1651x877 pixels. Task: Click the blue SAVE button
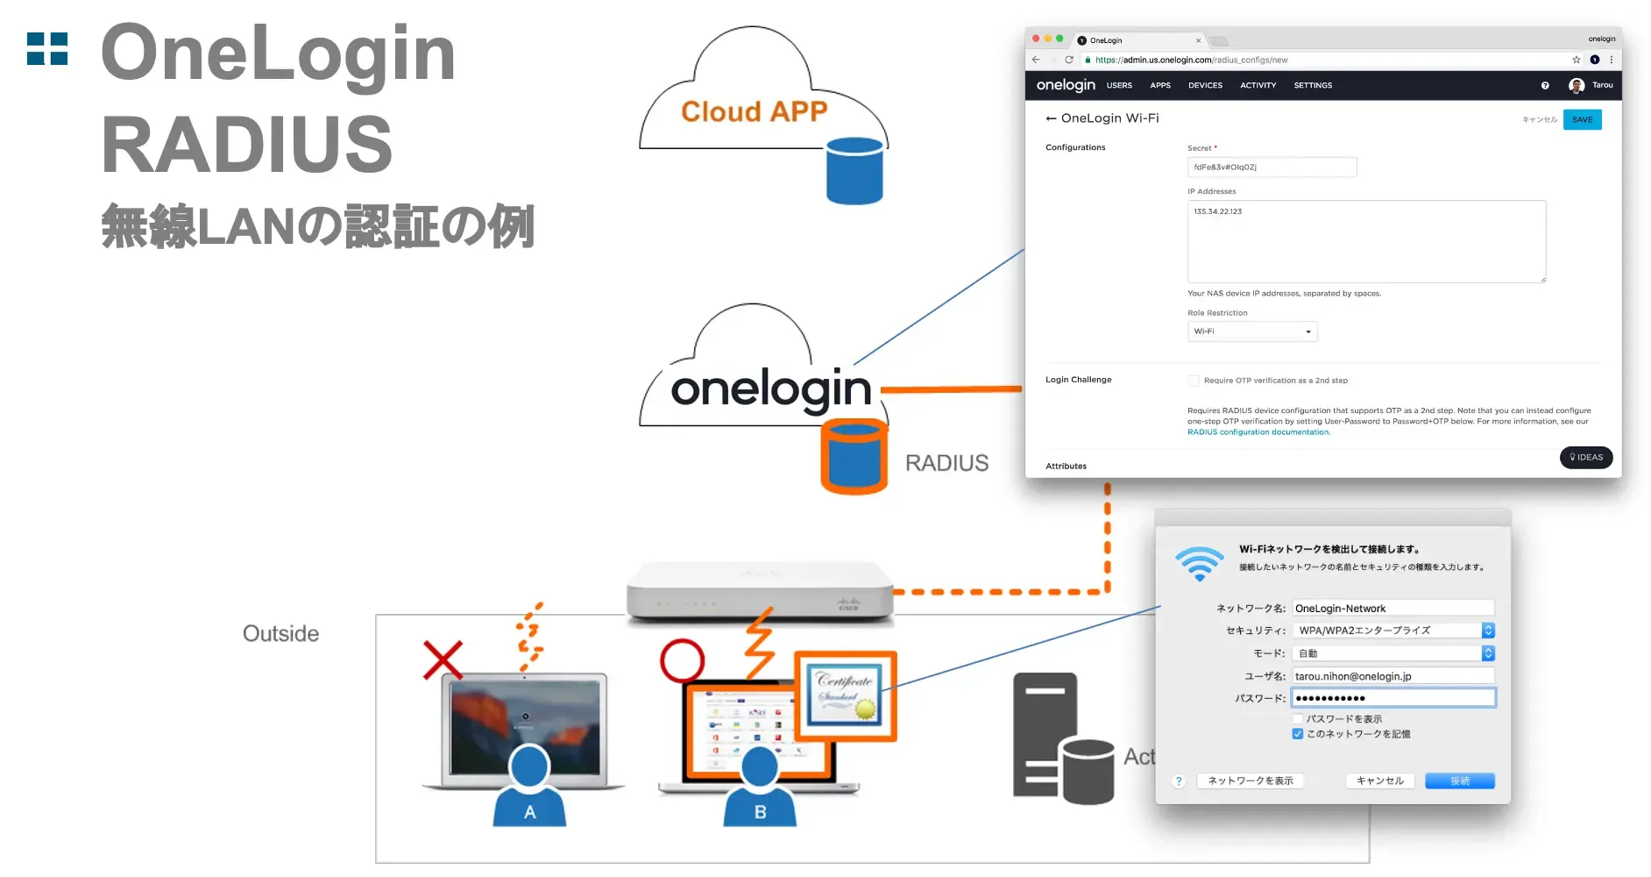coord(1582,120)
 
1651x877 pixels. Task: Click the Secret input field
coord(1271,168)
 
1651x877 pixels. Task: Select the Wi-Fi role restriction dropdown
coord(1251,332)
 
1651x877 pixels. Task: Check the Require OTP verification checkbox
coord(1193,381)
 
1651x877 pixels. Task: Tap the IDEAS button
coord(1585,457)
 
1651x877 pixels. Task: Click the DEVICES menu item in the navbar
coord(1205,86)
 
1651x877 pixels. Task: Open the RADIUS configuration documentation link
coord(1258,432)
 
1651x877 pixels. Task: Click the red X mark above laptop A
coord(443,660)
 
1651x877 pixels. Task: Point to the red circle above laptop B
coord(682,660)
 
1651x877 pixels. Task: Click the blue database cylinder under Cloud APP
coord(854,171)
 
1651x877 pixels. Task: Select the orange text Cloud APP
coord(754,112)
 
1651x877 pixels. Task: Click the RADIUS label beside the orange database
coord(946,463)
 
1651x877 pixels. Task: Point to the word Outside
coord(280,634)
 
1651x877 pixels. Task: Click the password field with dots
coord(1393,698)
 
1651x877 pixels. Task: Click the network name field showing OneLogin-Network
coord(1393,609)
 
